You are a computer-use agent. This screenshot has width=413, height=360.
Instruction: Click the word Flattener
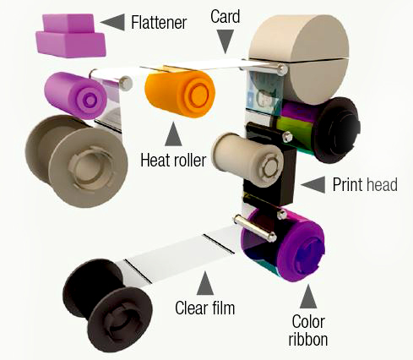159,22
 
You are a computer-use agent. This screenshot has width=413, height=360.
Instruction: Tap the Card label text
226,16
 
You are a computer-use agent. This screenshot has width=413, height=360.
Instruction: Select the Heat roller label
173,160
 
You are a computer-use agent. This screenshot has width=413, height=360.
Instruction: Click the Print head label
365,184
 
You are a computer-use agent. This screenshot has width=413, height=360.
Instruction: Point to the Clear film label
204,308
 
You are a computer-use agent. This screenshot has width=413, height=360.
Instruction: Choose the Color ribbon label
308,330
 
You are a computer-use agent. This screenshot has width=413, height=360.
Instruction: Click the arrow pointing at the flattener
112,22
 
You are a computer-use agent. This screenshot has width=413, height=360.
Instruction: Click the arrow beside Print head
312,185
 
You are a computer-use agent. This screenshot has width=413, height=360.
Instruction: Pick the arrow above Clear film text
205,283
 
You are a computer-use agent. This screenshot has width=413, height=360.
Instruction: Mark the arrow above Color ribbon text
308,296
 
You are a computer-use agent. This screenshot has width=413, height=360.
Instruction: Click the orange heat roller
180,94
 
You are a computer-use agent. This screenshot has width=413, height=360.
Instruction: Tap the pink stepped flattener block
71,35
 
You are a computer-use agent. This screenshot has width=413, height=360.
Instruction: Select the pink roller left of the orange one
75,95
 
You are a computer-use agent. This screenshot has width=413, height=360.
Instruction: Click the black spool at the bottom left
108,306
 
